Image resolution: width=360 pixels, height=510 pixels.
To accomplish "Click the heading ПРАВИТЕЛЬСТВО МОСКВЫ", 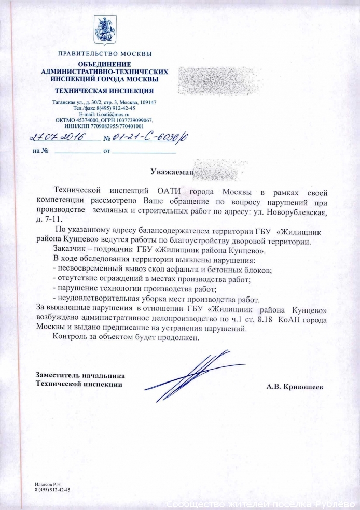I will click(x=105, y=54).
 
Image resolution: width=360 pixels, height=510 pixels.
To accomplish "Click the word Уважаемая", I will click(x=172, y=172).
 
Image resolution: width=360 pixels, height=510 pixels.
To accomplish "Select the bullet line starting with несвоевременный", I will click(x=163, y=270).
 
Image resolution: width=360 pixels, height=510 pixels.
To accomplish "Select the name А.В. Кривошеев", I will click(x=297, y=387).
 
